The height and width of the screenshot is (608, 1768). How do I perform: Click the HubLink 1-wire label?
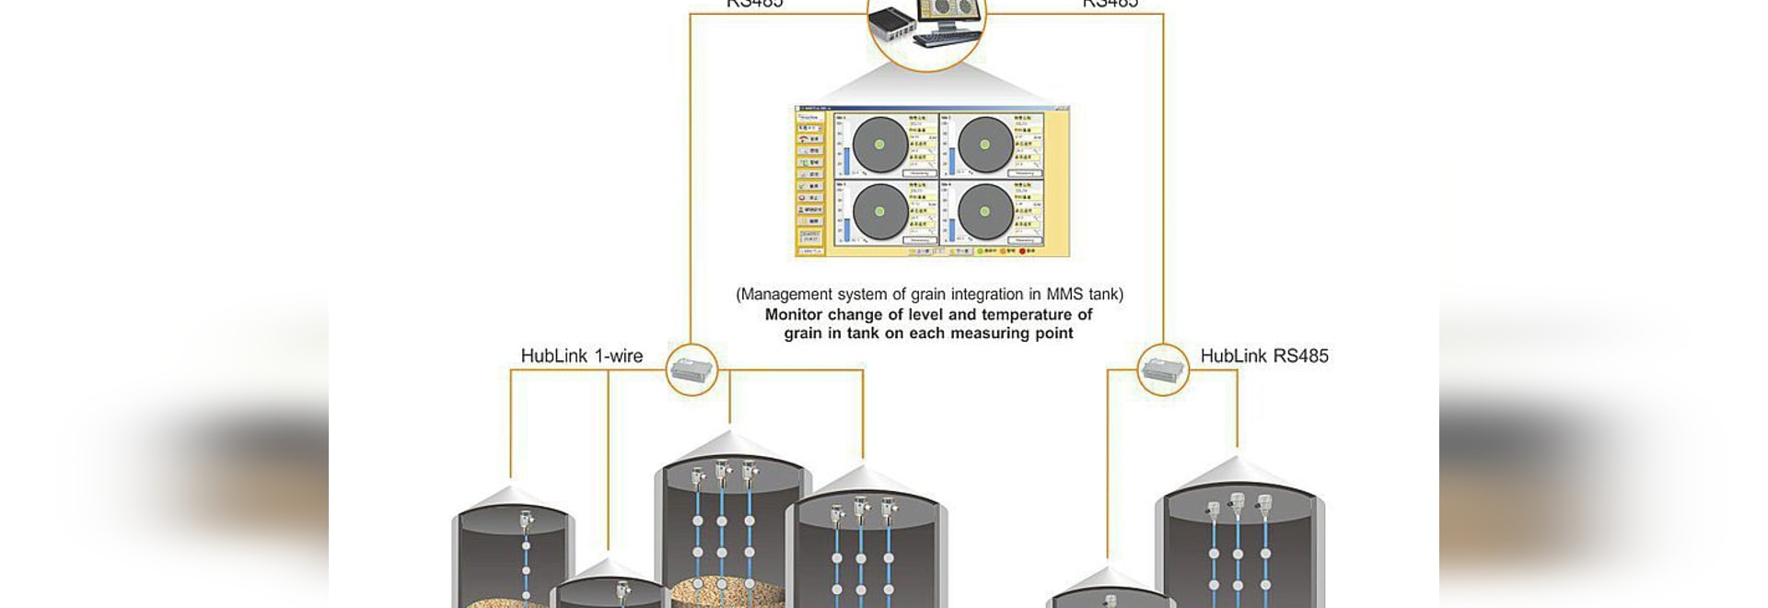(581, 357)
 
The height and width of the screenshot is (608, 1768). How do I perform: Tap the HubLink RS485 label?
(1263, 357)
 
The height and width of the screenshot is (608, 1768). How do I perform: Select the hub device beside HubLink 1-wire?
(692, 370)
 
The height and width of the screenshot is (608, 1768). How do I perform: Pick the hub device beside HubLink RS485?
(1163, 370)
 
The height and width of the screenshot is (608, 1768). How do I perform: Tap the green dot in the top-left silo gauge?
(879, 145)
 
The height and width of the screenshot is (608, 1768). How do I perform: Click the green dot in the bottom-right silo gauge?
(985, 212)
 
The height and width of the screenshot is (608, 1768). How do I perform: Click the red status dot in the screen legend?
(1022, 251)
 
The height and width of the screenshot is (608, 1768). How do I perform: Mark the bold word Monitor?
(794, 314)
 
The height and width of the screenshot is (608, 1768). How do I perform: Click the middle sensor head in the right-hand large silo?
(1238, 503)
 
